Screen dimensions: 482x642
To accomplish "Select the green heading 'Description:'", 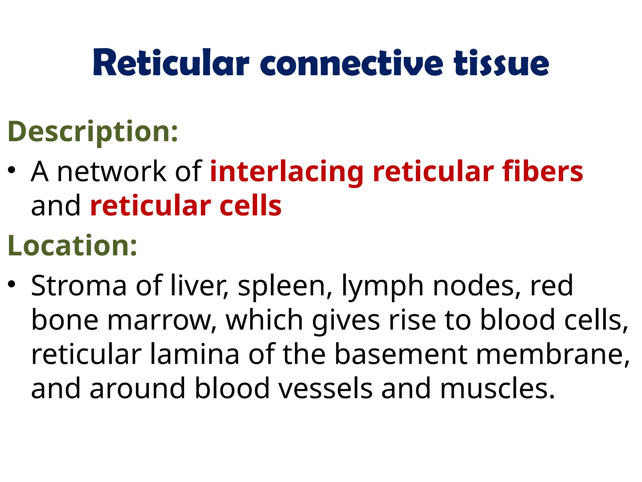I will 93,132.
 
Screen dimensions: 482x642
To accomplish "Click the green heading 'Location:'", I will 72,246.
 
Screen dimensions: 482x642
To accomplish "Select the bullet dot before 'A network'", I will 12,170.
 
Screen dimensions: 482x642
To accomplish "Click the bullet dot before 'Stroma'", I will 12,284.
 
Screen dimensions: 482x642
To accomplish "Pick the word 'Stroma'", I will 79,286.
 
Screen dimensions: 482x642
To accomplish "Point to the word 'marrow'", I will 162,320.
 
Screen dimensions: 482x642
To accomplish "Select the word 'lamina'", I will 194,354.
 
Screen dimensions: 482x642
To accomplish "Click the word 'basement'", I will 401,354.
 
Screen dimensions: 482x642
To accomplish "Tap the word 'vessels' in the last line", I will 325,388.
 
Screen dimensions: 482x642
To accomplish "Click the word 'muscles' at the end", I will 497,388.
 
